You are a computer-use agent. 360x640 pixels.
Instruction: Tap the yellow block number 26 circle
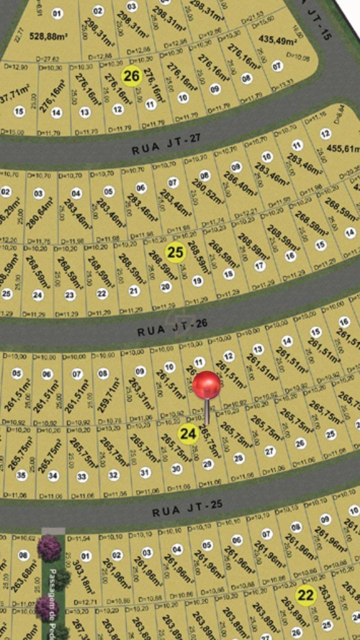click(131, 76)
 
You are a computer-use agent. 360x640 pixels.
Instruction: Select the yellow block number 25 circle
click(175, 252)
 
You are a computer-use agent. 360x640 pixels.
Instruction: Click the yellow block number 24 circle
click(188, 434)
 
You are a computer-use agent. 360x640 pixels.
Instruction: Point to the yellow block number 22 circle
click(306, 595)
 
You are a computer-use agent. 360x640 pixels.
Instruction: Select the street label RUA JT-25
click(187, 508)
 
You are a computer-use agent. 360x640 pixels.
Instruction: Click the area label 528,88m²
click(48, 36)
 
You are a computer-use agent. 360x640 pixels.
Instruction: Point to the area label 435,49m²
click(278, 40)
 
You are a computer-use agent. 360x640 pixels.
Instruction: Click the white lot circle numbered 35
click(21, 475)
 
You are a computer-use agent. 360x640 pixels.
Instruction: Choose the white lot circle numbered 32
click(113, 475)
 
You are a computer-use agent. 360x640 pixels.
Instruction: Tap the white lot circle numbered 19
click(197, 281)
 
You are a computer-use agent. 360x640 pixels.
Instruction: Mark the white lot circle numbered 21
click(134, 291)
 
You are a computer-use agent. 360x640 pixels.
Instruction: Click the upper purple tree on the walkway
click(49, 548)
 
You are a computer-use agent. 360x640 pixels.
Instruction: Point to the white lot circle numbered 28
click(238, 458)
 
